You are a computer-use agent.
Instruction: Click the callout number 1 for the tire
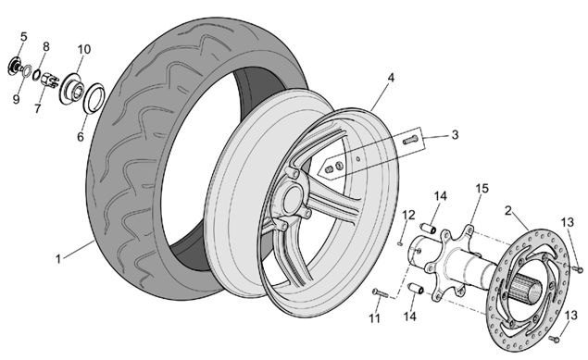tap(58, 259)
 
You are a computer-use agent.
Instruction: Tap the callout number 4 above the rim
tap(391, 78)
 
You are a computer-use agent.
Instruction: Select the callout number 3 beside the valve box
tap(455, 135)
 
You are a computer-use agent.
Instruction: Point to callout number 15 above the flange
tap(482, 189)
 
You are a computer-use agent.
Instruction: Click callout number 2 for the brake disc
tap(508, 211)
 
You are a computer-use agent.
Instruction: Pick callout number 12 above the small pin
tap(408, 215)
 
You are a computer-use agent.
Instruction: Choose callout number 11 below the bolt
tap(374, 318)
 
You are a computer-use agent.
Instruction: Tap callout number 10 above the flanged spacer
tap(84, 49)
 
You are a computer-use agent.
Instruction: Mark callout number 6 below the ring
tap(81, 137)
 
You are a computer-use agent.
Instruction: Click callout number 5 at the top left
tap(24, 37)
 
